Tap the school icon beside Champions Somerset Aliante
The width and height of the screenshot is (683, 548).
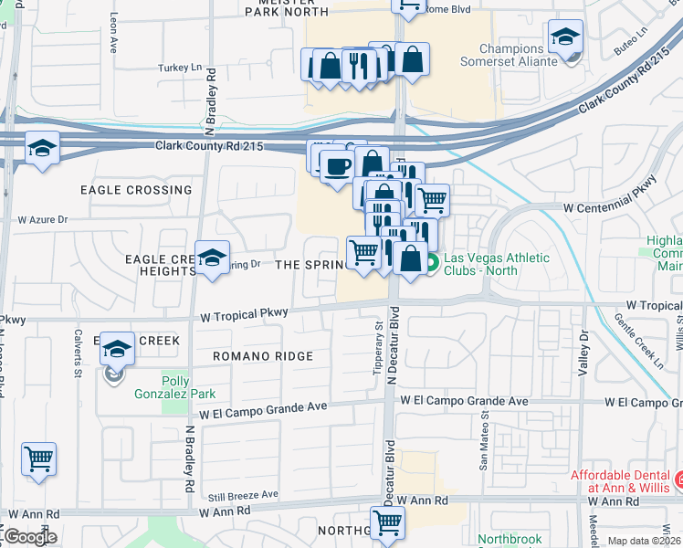(565, 38)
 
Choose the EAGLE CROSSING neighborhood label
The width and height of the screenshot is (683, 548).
(136, 190)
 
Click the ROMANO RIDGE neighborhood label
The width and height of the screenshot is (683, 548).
(263, 356)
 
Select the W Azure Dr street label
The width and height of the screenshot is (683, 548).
(44, 220)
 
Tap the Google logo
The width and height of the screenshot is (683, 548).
(29, 537)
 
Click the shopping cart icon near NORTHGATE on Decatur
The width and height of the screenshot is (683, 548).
(387, 522)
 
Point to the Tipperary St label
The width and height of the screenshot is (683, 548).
(377, 345)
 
